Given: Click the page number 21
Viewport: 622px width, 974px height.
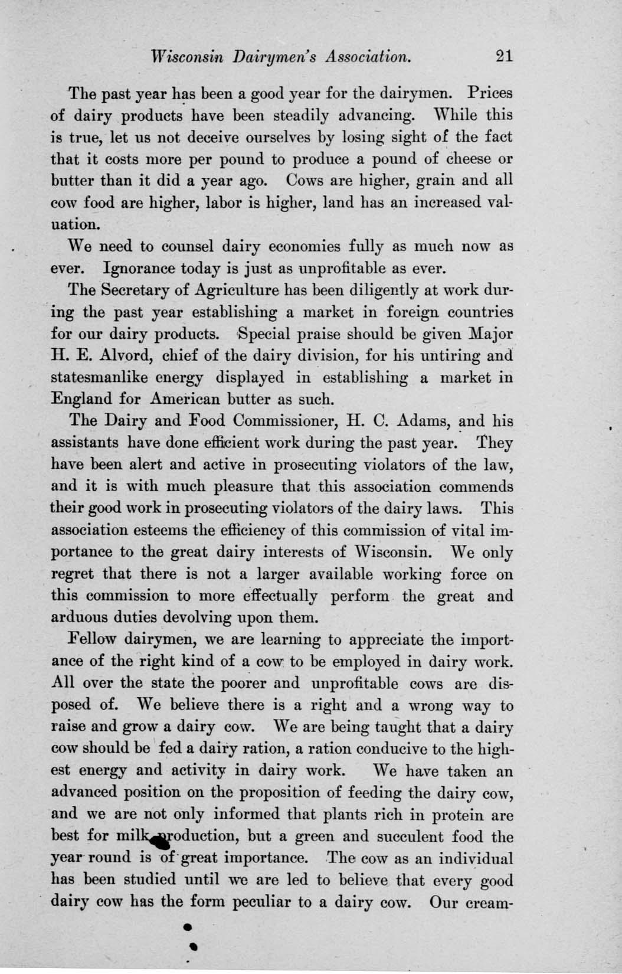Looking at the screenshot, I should tap(505, 55).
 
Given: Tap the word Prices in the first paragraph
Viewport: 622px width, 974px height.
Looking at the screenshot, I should tap(490, 93).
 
